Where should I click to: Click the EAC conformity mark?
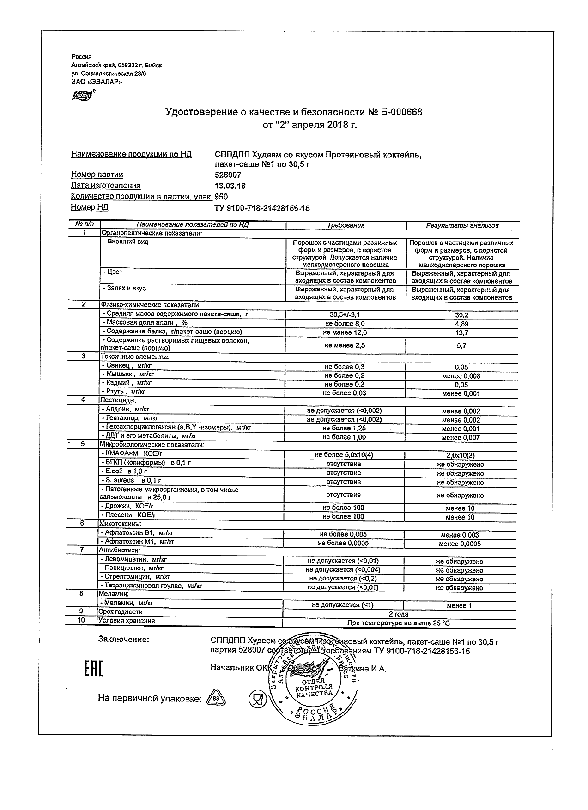[94, 668]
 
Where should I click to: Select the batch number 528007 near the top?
[228, 175]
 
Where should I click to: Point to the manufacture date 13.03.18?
[230, 186]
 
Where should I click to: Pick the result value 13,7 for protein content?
[461, 332]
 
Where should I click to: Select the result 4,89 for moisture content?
[461, 324]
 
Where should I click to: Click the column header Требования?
[346, 225]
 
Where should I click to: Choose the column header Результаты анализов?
[462, 225]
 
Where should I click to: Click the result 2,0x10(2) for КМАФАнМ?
[461, 455]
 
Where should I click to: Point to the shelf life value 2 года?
[398, 614]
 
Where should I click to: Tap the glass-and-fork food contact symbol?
[255, 699]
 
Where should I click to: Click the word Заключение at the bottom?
[124, 640]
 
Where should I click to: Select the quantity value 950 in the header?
[222, 197]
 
